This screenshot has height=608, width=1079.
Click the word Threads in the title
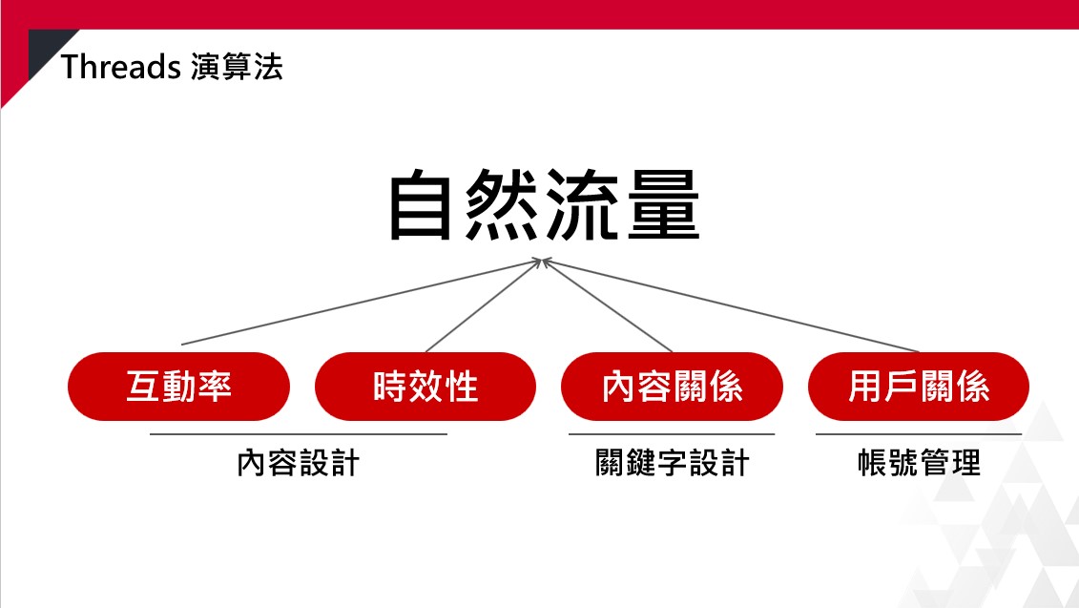tap(120, 68)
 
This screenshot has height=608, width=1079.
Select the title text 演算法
tap(237, 68)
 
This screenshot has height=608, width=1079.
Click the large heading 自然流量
tap(544, 205)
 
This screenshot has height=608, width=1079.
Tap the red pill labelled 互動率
tap(179, 387)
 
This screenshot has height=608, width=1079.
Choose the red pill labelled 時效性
tap(425, 387)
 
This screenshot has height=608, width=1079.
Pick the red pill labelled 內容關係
tap(673, 387)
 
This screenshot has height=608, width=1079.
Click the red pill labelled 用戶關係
tap(919, 387)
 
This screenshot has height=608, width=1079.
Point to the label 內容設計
tap(298, 463)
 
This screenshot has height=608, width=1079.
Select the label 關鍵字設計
tap(672, 463)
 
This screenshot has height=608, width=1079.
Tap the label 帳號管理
tap(919, 463)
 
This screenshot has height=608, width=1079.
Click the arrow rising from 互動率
tap(362, 302)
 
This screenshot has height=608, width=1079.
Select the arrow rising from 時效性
tap(485, 305)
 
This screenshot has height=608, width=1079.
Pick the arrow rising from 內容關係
tap(608, 305)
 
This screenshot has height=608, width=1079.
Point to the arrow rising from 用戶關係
tap(731, 305)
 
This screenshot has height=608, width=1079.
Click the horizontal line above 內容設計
tap(298, 434)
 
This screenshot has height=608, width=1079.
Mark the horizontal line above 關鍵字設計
tap(672, 434)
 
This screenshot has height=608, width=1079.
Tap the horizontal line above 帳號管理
tap(919, 434)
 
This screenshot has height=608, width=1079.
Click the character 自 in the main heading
tap(420, 206)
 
